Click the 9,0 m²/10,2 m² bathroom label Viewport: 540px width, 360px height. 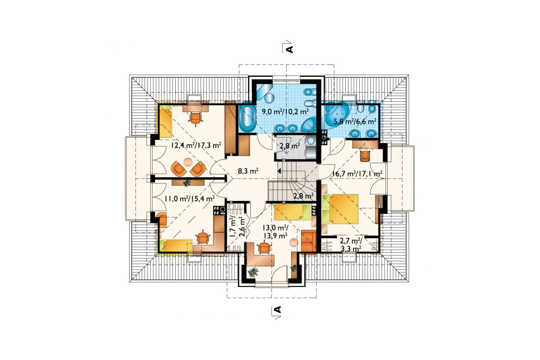coord(285,112)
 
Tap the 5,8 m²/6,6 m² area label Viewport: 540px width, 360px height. coord(355,121)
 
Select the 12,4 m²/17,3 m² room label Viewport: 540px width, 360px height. coord(196,145)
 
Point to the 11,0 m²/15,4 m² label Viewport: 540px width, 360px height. coord(189,198)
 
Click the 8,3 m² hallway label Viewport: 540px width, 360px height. coord(248,171)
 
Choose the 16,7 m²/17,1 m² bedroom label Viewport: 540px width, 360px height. coord(357,174)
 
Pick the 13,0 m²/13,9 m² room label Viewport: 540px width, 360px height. coord(275,231)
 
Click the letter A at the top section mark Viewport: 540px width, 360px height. coord(289,49)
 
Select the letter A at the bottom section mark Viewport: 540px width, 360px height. coord(278,309)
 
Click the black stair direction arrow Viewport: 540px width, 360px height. coord(279,171)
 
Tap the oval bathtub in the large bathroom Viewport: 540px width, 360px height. coord(248,118)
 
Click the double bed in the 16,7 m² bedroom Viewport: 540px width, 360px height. coord(340,208)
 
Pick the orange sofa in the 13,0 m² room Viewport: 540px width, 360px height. coord(309,241)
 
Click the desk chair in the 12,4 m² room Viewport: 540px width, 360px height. coord(195,118)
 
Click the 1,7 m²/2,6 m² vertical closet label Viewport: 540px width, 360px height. coord(237,227)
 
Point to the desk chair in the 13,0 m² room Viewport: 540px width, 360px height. coord(264,248)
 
